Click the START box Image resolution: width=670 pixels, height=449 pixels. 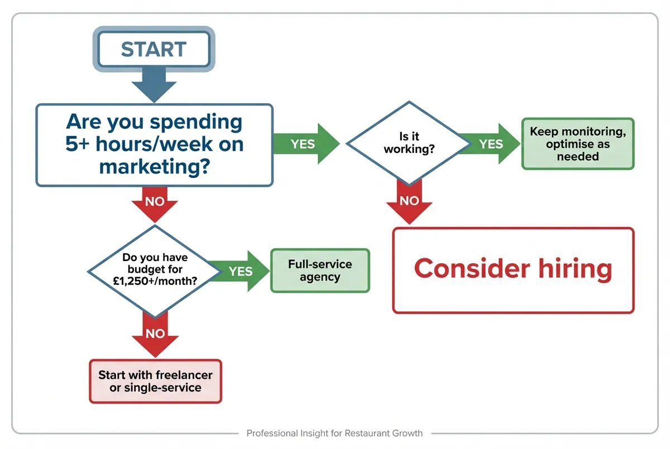point(154,49)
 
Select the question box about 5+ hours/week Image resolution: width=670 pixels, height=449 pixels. point(154,144)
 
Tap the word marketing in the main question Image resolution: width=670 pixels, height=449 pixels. point(154,166)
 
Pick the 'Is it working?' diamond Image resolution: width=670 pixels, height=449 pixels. point(409,143)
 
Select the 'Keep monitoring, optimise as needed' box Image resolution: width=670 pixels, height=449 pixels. point(577,144)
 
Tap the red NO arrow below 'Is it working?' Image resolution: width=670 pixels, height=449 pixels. point(409,203)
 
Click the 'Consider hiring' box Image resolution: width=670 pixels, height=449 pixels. point(513,270)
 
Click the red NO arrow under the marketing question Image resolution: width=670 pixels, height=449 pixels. point(155,203)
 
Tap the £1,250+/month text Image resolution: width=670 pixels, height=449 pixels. point(155,282)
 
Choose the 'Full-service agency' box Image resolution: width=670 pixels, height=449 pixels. point(320,271)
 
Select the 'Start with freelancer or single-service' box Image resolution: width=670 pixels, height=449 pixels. point(155,381)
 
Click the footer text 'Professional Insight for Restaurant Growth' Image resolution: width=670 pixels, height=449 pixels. point(334,433)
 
